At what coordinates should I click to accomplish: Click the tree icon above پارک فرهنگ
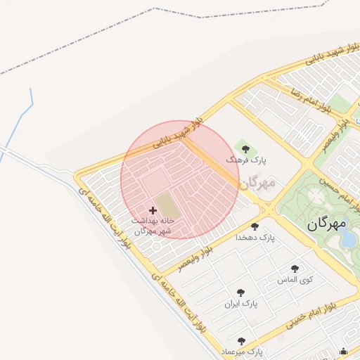click(x=245, y=148)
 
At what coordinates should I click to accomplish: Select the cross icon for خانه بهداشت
click(x=153, y=210)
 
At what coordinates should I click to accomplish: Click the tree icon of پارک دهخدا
click(x=255, y=226)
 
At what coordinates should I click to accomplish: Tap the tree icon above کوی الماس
click(x=295, y=269)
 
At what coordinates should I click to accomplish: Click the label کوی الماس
click(x=295, y=280)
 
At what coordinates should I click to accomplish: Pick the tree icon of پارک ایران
click(x=241, y=292)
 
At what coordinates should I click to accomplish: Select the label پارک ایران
click(x=241, y=304)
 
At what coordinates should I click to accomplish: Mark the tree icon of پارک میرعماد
click(x=241, y=341)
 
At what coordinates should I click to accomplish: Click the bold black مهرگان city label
click(x=328, y=224)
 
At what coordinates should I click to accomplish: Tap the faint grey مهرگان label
click(x=257, y=183)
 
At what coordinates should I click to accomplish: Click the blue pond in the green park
click(x=348, y=240)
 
